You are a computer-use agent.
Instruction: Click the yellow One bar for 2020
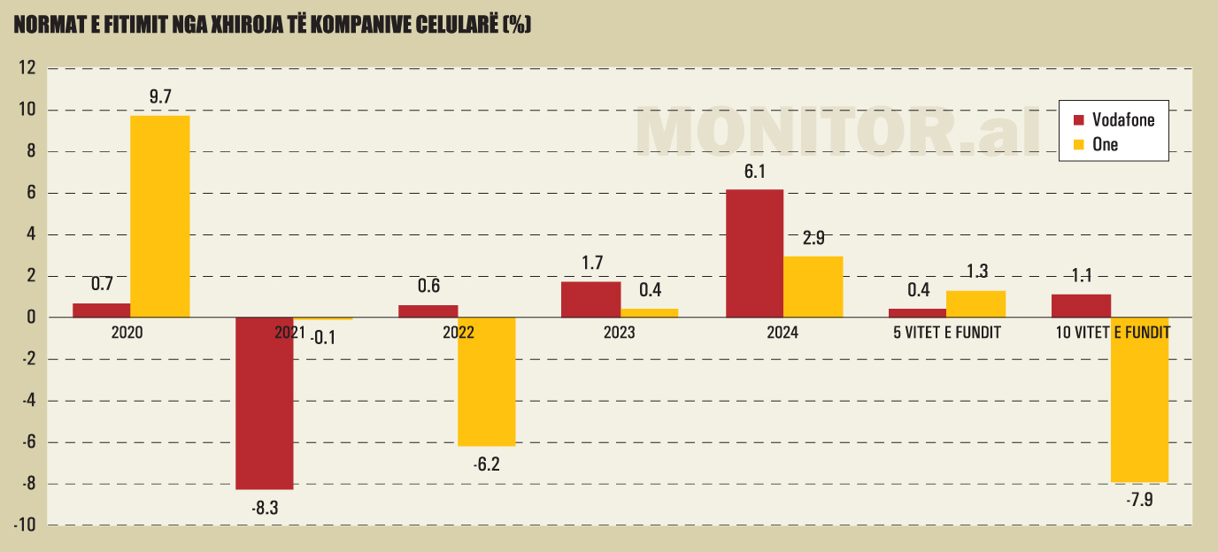click(160, 216)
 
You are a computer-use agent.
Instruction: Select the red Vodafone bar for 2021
click(264, 402)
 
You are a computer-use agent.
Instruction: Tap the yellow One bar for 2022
click(486, 381)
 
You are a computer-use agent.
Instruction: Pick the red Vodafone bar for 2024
click(754, 253)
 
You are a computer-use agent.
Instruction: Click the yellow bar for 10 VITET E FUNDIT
click(1139, 399)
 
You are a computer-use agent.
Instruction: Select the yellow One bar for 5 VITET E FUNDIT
click(975, 303)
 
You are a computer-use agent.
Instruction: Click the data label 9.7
click(160, 97)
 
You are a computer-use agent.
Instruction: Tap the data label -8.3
click(264, 508)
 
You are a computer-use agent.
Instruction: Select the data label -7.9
click(1139, 501)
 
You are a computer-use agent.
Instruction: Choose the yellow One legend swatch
click(1078, 144)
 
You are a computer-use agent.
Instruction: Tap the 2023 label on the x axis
click(620, 333)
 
